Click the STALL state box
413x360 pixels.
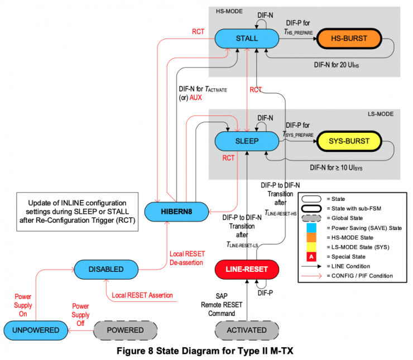point(246,39)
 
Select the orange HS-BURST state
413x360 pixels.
point(349,39)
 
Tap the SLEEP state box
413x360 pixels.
point(246,141)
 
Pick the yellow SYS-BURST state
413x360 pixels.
point(349,141)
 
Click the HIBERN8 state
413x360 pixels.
point(176,212)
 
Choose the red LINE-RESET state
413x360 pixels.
point(246,269)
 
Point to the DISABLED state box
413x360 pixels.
point(106,269)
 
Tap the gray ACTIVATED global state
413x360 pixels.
point(246,330)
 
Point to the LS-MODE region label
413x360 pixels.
point(380,114)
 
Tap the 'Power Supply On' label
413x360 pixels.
point(23,305)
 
